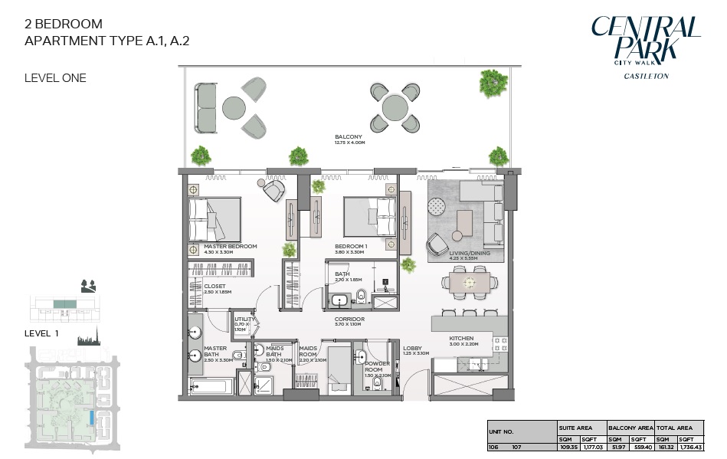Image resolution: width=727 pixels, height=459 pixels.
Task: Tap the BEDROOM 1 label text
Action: (x=351, y=247)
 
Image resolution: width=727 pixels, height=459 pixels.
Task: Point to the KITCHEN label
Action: (x=461, y=338)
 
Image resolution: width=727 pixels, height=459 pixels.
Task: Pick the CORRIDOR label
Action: (x=349, y=319)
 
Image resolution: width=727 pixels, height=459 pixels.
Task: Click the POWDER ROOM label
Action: (x=378, y=366)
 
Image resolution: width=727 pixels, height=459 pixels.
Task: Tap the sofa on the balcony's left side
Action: (x=206, y=108)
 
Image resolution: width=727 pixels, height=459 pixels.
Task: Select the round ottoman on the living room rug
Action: (x=437, y=206)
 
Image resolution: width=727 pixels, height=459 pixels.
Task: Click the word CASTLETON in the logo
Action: (x=646, y=76)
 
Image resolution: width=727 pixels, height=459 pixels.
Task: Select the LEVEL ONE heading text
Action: (x=55, y=78)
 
